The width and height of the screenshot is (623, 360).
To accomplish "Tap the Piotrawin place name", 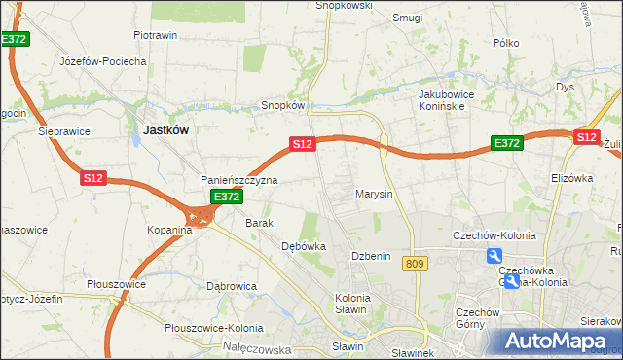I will point(155,35).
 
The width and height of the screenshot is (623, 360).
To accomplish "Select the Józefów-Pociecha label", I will point(103,60).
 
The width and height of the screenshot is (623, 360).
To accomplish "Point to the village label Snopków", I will point(284,105).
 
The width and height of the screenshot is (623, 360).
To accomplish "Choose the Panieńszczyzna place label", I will point(239,180).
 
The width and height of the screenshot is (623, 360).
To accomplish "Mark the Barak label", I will point(259,223).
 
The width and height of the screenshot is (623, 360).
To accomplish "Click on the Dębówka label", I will point(303,246).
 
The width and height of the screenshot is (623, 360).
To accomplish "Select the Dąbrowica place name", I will point(232,286).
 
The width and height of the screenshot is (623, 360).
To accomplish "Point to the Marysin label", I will point(374,194).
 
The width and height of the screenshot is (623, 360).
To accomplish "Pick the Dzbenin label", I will point(371,256).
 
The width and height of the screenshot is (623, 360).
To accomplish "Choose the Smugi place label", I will point(407,17).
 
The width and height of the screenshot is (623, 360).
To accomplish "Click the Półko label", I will point(507,43).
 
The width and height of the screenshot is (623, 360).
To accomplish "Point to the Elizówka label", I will point(571,178).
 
